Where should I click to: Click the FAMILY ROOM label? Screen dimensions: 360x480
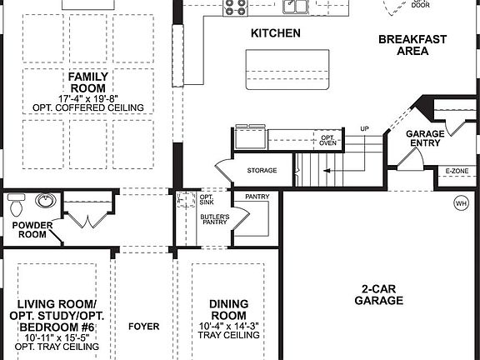click(88, 82)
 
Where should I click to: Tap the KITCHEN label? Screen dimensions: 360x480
click(276, 34)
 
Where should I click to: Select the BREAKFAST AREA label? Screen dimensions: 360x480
click(413, 45)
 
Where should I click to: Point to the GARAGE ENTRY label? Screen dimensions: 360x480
click(425, 138)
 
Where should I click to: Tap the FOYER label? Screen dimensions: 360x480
click(143, 327)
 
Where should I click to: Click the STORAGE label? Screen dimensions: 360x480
click(262, 171)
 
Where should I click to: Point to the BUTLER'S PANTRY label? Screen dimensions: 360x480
click(213, 220)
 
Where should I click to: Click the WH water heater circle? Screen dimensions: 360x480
click(461, 203)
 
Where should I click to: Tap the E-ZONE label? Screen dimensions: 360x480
click(457, 171)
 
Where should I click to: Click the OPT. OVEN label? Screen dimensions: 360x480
click(327, 140)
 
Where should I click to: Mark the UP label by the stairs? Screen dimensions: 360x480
click(364, 128)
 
